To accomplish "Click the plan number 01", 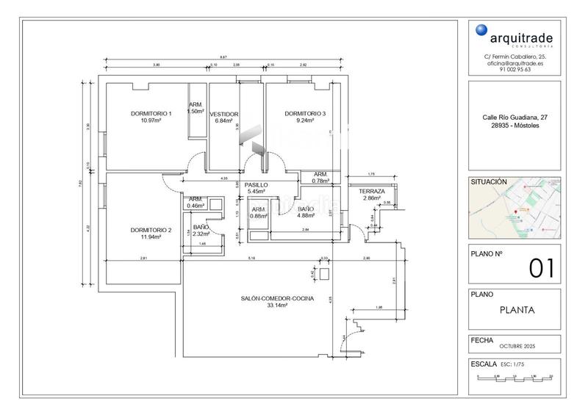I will point(541,268).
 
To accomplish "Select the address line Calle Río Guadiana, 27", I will point(514,118).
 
